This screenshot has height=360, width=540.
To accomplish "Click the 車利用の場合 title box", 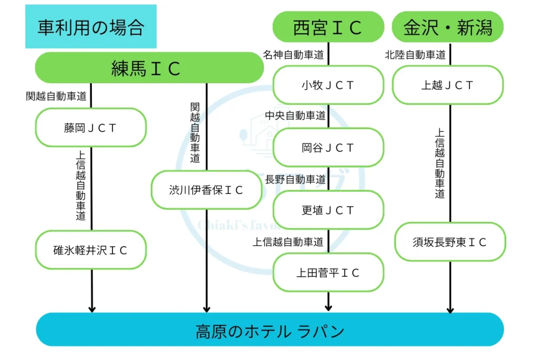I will coord(91,27).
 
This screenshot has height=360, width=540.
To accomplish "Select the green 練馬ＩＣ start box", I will coord(149,68).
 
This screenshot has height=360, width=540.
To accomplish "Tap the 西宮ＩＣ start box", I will coord(328,27).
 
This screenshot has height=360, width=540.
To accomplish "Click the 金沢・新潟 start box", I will coord(448,27).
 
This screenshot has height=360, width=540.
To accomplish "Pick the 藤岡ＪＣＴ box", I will coord(91,128).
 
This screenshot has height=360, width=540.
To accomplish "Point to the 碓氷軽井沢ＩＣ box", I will coord(91,250).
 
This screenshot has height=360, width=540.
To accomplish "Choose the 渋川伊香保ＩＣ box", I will coord(206,190).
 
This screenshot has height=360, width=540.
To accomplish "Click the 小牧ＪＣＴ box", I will coord(328,85).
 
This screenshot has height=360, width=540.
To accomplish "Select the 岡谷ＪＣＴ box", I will coord(328,148).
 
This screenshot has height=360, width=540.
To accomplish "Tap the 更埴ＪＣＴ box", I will coord(328,210).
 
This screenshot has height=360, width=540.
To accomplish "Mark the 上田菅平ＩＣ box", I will coord(328,273).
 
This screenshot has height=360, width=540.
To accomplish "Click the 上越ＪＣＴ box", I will coord(448,85).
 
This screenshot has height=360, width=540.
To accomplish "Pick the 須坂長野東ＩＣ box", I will coord(450,242).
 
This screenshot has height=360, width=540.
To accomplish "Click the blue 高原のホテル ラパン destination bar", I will coord(269,330).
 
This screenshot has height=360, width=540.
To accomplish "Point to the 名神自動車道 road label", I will coord(294,55).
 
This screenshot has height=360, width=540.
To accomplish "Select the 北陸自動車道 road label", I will coord(415,55).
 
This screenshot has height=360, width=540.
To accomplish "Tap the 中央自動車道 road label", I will coord(295,116).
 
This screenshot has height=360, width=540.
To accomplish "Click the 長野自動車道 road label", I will coord(295,179).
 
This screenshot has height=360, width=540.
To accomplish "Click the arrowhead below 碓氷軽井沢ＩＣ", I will coord(92,308).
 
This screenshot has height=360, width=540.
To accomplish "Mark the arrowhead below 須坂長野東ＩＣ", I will coord(450,309).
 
